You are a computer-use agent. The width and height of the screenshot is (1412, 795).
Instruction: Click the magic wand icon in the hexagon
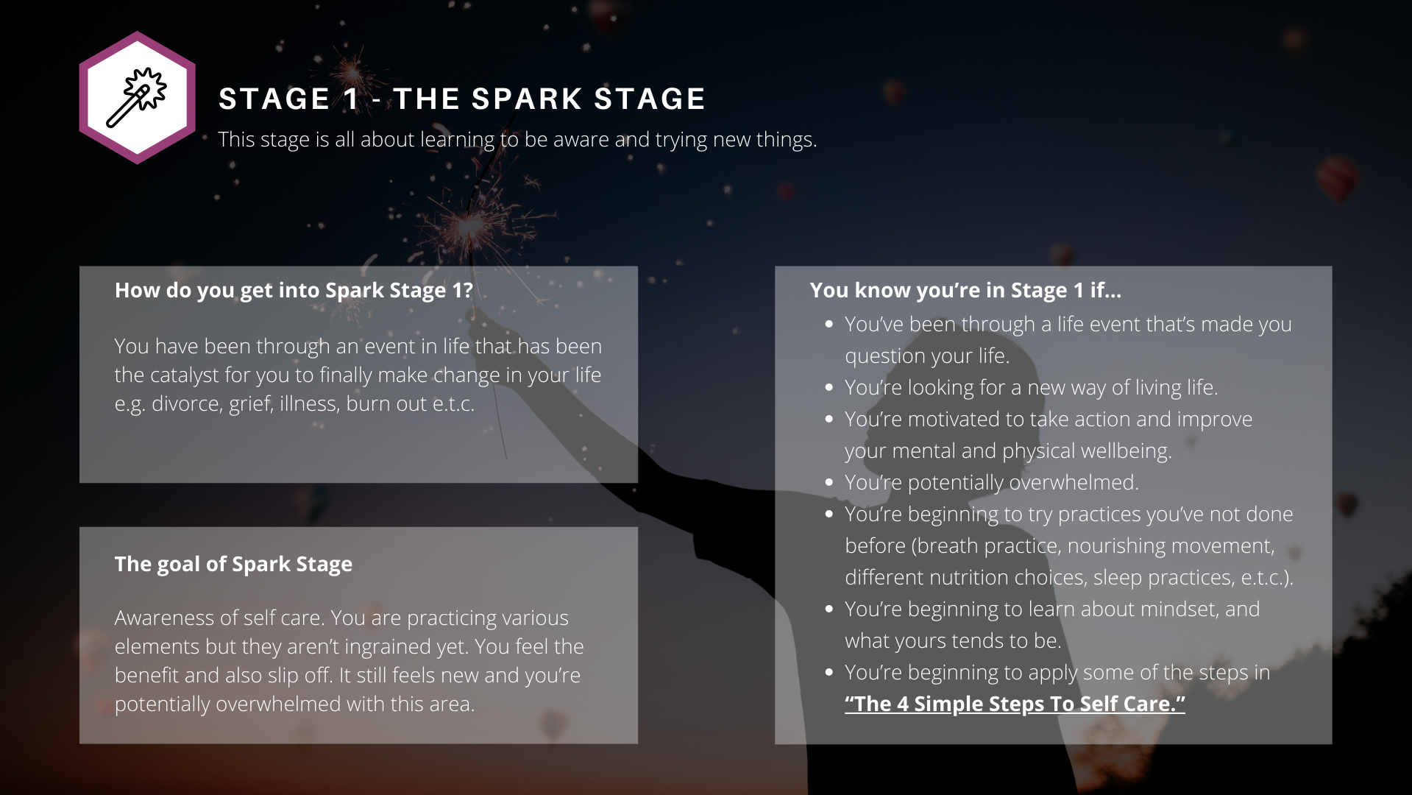(x=137, y=97)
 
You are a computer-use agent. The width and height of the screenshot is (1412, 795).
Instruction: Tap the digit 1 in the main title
(x=351, y=99)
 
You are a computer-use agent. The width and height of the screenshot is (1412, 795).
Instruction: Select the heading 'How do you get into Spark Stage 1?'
(x=294, y=290)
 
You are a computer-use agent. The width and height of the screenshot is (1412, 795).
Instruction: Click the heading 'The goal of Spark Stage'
(x=233, y=564)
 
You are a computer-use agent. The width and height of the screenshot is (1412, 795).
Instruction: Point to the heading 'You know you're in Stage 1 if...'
(x=965, y=290)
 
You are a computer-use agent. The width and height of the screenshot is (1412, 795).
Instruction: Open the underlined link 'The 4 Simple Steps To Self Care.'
(x=1015, y=704)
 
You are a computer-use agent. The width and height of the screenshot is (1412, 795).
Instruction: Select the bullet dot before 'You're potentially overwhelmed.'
(x=829, y=483)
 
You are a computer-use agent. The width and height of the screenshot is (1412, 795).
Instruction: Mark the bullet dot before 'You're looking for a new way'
(x=829, y=388)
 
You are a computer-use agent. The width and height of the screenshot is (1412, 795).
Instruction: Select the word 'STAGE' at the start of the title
(x=274, y=99)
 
